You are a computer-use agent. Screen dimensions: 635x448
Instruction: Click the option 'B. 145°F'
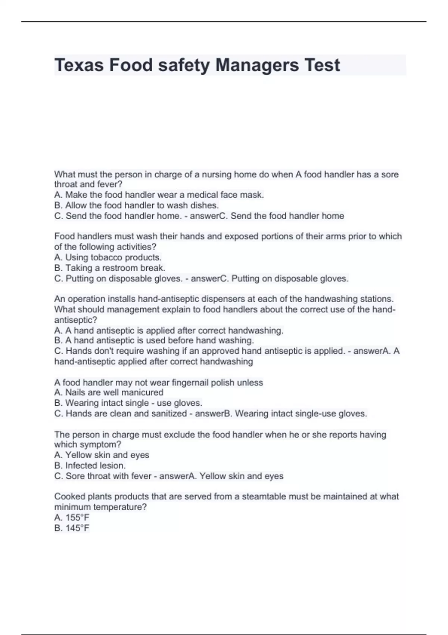click(72, 528)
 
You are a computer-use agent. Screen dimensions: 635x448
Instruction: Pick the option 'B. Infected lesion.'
click(90, 465)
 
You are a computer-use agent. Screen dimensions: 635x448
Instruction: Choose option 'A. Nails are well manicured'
click(109, 393)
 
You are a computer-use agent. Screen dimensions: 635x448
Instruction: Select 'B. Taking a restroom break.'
click(110, 268)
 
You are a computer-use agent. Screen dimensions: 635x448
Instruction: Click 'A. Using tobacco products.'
click(108, 257)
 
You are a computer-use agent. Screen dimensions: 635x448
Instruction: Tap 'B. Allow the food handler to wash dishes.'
click(137, 205)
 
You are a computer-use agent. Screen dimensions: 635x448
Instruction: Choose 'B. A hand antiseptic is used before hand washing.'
click(154, 341)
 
